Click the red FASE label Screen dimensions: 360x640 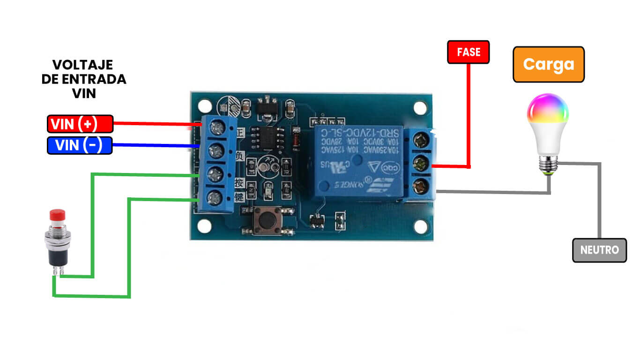click(468, 52)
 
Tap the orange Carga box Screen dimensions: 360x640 click(549, 64)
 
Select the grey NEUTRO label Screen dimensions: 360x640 click(599, 250)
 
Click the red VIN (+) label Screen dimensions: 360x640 click(80, 124)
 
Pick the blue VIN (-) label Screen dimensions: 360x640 click(80, 145)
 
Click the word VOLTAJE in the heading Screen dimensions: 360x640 click(82, 65)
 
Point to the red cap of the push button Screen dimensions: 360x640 click(57, 215)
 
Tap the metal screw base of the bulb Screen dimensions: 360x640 click(547, 164)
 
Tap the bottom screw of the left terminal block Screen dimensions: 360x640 click(215, 197)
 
